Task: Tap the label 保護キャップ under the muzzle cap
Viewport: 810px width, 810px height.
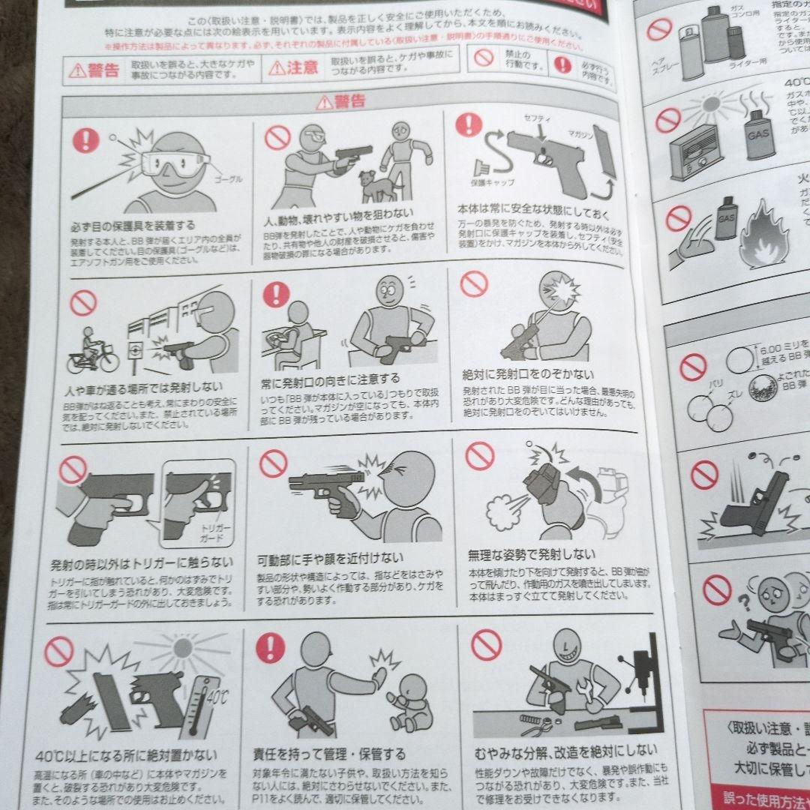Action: (488, 182)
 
